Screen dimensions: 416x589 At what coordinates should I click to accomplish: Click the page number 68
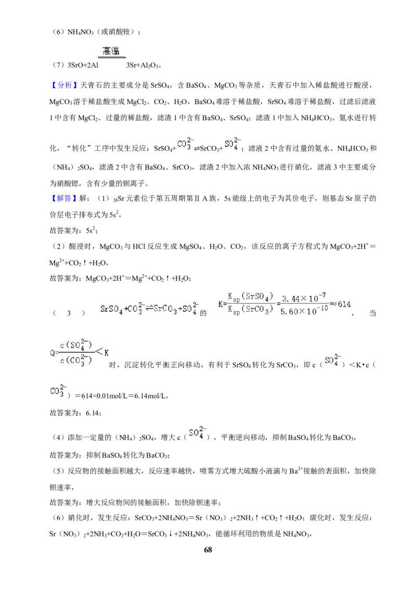[208, 549]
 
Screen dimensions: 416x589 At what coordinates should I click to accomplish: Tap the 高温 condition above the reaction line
[111, 50]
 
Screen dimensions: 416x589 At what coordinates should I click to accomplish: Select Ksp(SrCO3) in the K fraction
[251, 310]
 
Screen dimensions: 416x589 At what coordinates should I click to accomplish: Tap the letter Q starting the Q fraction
[52, 353]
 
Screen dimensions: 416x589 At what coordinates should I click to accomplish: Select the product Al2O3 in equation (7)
[150, 66]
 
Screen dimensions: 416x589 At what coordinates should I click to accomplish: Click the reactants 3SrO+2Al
[83, 66]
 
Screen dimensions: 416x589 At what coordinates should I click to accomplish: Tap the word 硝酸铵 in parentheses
[120, 32]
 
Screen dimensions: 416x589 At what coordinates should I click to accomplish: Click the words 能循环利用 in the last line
[233, 534]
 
